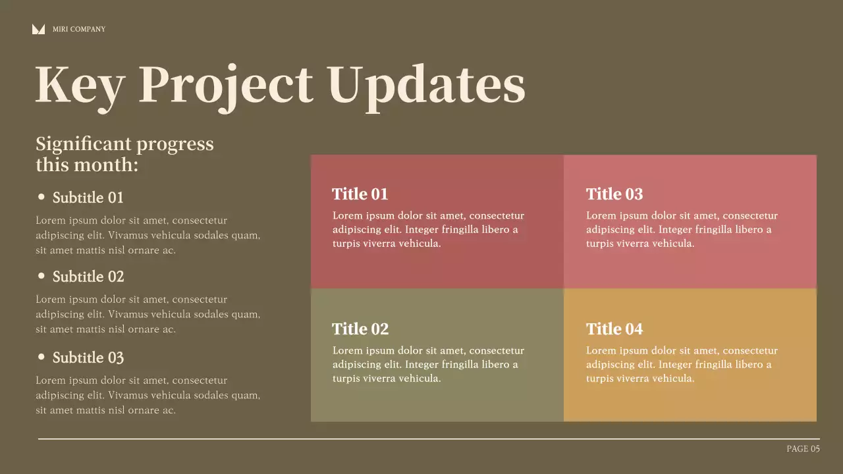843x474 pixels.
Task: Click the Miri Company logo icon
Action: pos(38,29)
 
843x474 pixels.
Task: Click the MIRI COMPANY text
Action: pos(79,29)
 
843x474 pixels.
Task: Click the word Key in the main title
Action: pos(79,85)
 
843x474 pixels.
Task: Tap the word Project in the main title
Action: pos(225,85)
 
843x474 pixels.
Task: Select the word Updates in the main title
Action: pos(426,85)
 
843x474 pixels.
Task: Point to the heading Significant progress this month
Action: pos(124,153)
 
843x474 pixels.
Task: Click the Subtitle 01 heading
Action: pos(88,197)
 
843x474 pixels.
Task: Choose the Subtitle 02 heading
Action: pos(88,276)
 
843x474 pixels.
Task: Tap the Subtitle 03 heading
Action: pos(88,357)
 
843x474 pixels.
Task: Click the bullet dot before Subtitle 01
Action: pos(41,197)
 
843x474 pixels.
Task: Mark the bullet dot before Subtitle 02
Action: pos(41,276)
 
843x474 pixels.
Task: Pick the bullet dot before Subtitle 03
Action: pos(41,357)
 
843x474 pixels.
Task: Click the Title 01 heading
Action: pos(360,194)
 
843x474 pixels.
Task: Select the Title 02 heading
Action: pos(360,329)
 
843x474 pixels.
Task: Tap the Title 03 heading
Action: pos(614,194)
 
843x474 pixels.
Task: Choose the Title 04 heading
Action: pos(614,329)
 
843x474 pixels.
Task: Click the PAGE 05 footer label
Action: pos(803,449)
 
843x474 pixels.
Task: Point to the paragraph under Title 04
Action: pos(682,365)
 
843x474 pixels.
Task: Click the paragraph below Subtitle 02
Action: pos(148,314)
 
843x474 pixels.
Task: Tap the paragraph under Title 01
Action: pos(428,230)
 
